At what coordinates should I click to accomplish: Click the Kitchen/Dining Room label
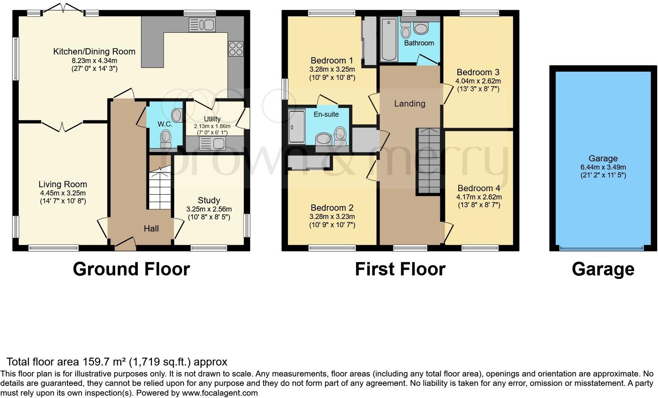(94, 51)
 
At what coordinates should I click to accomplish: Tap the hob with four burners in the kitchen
(236, 49)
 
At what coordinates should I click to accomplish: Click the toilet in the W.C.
(166, 137)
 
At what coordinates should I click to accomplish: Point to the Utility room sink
(212, 144)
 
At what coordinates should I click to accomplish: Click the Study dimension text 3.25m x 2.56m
(208, 209)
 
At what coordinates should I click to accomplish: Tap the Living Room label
(63, 184)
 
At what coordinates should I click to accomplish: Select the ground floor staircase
(160, 188)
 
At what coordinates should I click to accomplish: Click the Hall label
(151, 228)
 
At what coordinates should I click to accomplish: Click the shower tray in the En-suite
(296, 127)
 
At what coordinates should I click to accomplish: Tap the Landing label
(409, 103)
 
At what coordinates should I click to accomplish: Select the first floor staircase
(430, 161)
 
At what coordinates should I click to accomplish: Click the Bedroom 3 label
(478, 72)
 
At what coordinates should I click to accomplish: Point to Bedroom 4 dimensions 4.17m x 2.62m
(479, 197)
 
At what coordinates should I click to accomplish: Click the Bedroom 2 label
(332, 208)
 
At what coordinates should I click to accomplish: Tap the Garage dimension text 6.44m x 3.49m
(603, 167)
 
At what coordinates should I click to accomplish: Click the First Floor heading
(400, 269)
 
